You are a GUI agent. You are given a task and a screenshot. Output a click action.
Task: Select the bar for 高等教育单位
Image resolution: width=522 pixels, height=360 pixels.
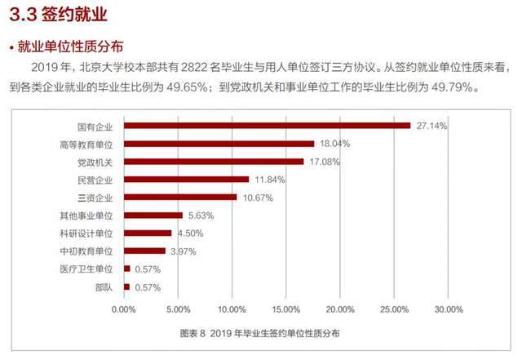tap(219, 144)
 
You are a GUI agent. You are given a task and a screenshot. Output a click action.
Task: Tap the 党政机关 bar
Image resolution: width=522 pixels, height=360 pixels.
tap(214, 162)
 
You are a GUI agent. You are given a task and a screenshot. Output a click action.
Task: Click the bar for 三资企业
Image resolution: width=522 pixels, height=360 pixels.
tap(180, 197)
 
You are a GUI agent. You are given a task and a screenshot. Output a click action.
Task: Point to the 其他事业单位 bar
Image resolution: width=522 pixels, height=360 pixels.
tap(153, 216)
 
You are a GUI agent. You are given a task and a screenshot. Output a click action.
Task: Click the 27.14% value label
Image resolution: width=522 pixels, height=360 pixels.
tap(431, 126)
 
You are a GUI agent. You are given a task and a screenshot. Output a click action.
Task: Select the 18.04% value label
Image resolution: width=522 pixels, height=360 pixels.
tap(334, 144)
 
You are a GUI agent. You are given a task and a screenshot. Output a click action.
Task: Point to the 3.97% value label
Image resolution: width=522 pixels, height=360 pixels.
tap(184, 251)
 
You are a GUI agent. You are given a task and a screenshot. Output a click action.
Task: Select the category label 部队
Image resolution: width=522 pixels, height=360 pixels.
tap(104, 287)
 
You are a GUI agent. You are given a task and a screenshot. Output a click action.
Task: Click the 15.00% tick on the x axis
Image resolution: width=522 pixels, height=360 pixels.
tap(286, 309)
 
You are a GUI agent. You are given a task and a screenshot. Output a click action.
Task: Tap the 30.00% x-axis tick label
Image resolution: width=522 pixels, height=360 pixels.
tap(449, 309)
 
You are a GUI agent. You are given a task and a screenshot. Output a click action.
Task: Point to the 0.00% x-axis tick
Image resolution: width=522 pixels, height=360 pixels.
tap(124, 309)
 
